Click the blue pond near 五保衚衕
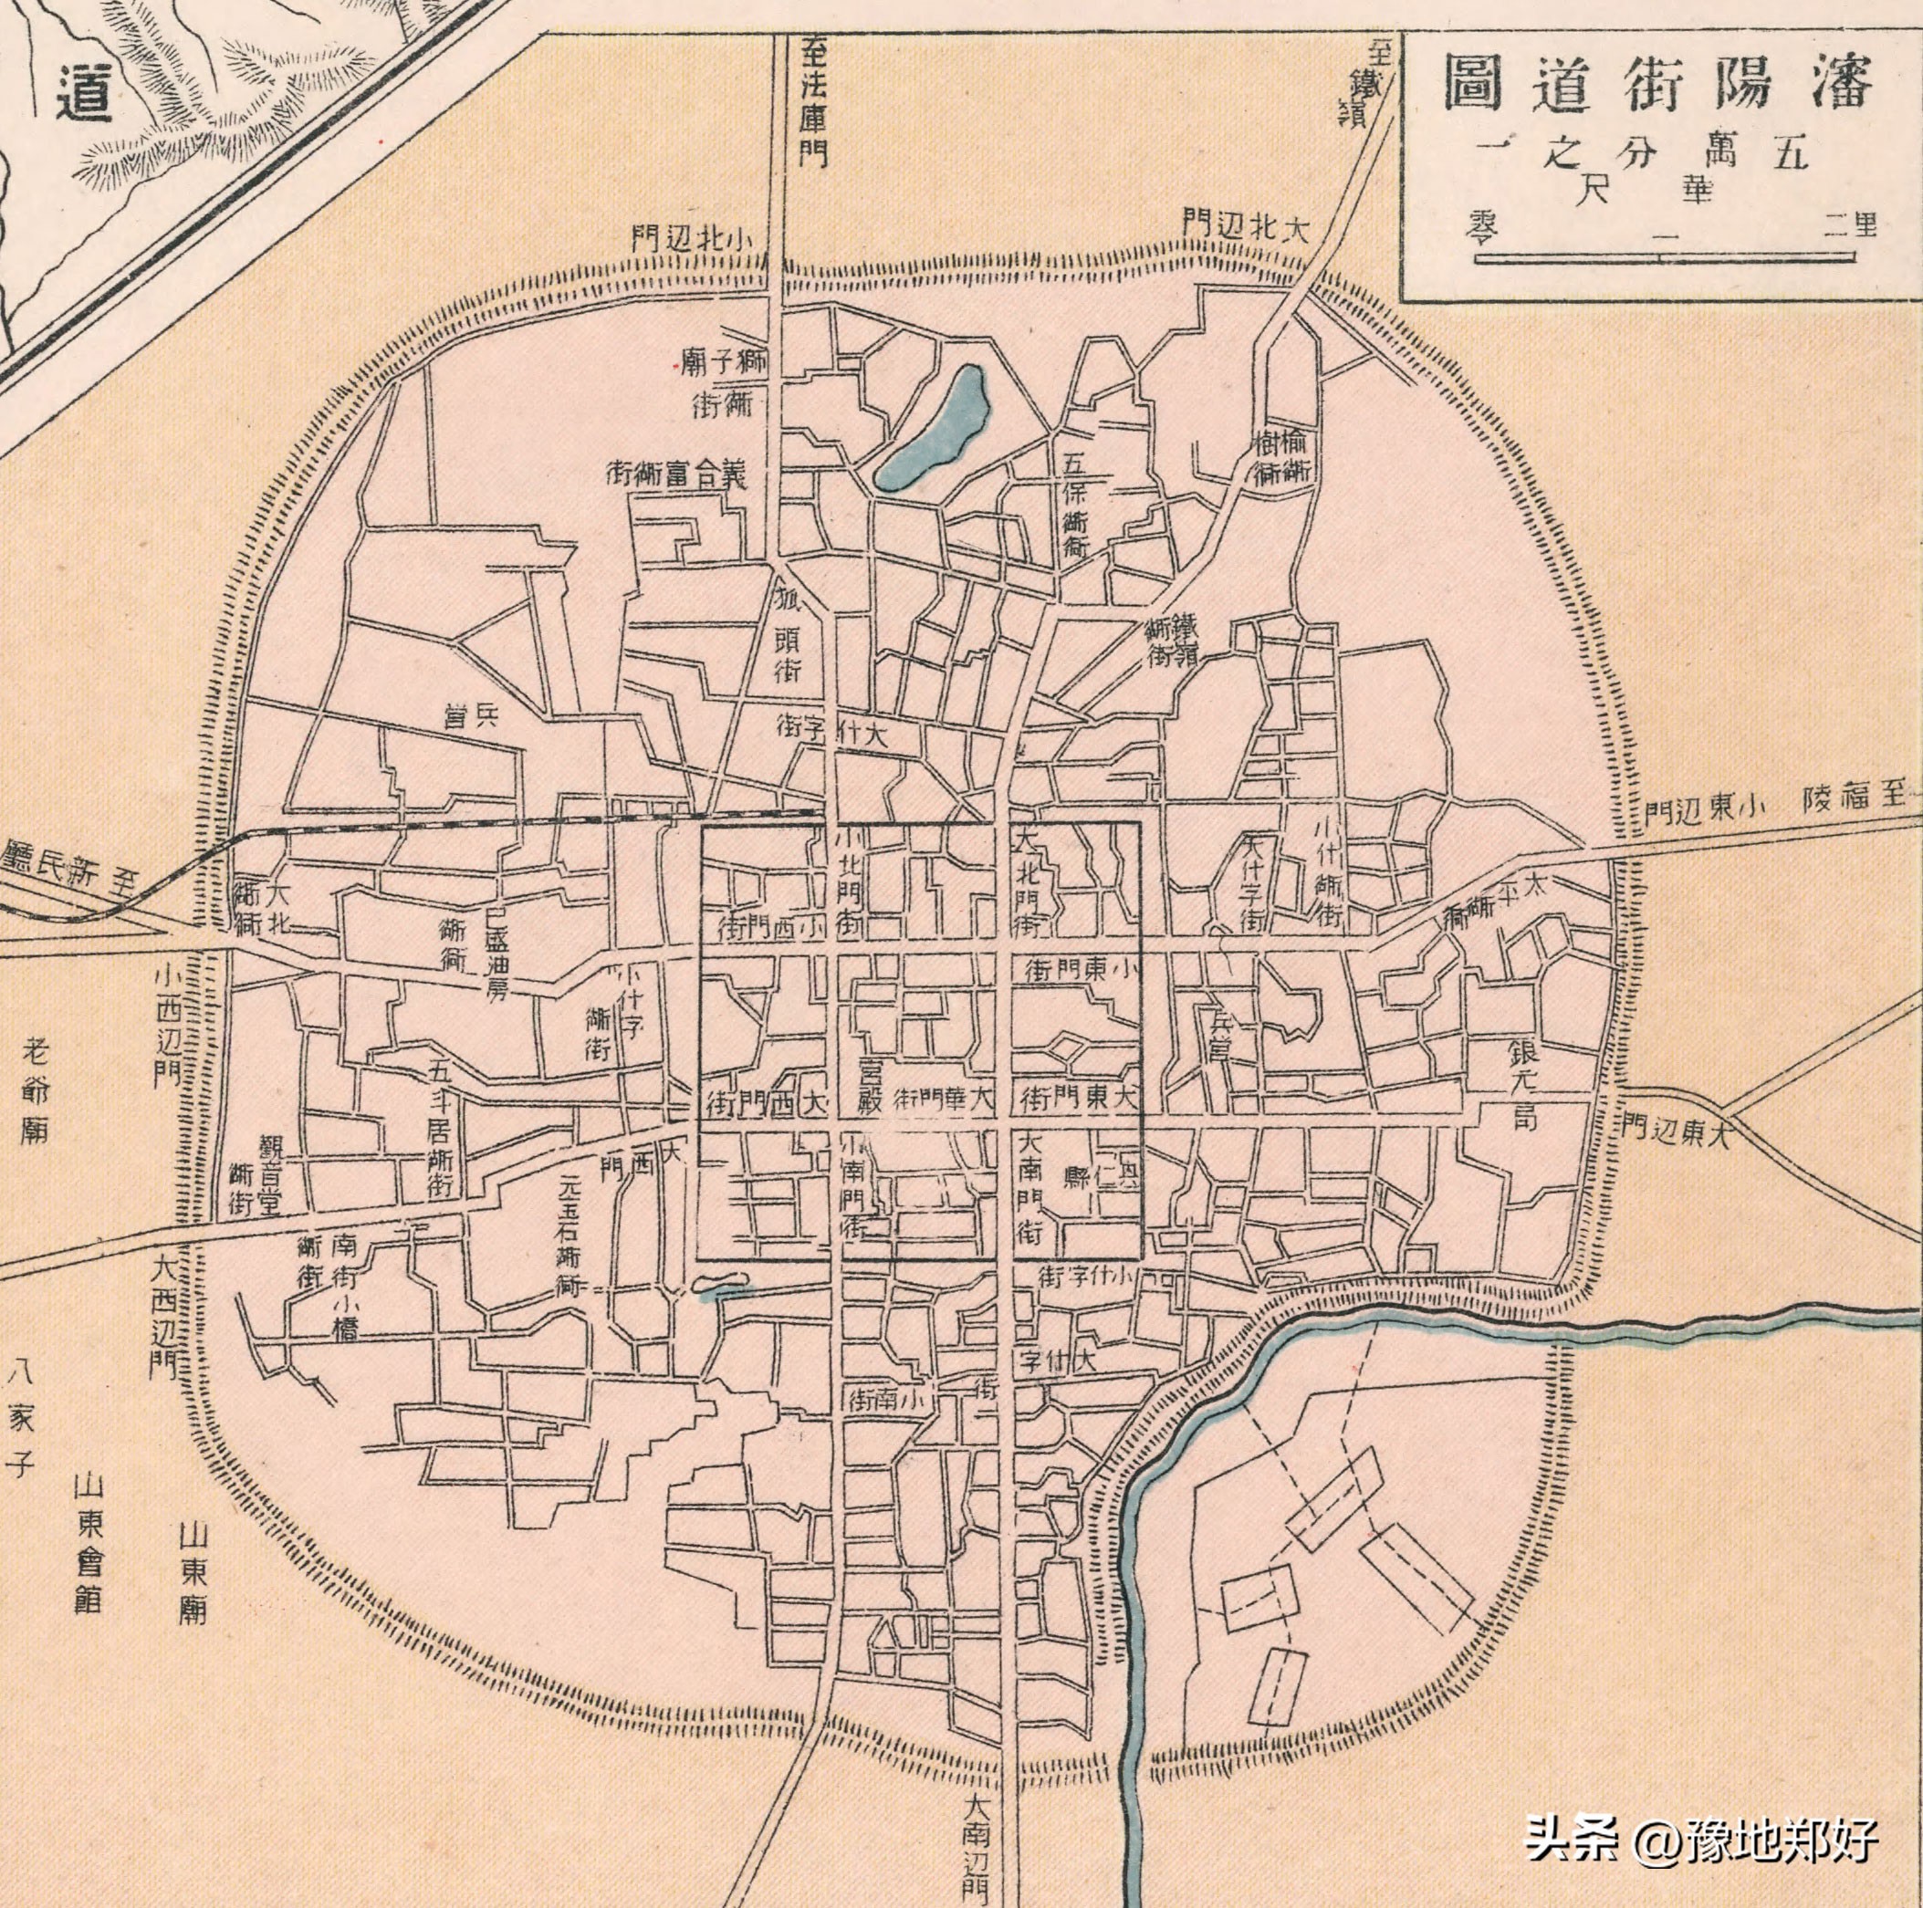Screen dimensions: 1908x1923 pos(934,430)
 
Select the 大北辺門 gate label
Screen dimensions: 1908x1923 pos(1243,226)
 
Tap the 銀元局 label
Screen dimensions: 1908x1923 pos(1524,1086)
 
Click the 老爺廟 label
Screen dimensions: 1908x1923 pos(35,1090)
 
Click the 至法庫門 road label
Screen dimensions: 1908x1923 pos(814,102)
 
